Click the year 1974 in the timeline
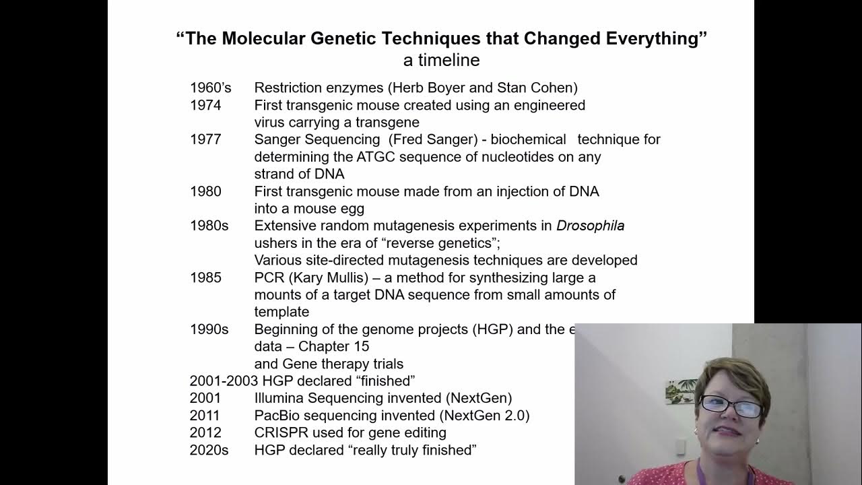205,105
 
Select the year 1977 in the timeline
205,139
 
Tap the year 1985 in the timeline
205,278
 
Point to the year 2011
205,416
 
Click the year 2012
205,432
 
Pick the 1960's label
210,88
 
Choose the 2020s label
209,450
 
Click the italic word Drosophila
590,226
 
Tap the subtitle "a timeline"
441,60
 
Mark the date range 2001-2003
220,381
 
